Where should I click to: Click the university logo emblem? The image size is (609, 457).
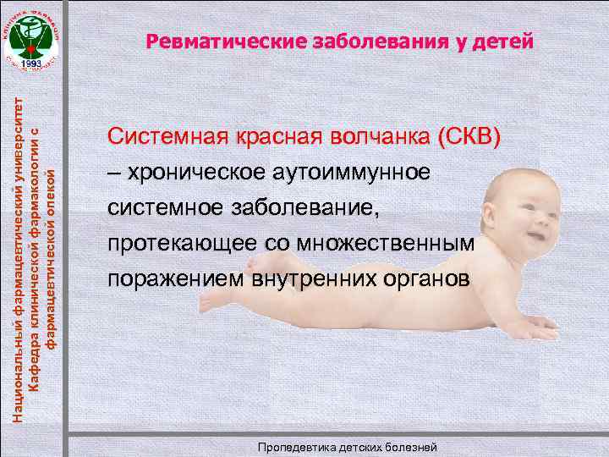[33, 38]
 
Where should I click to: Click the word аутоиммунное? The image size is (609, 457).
[351, 173]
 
